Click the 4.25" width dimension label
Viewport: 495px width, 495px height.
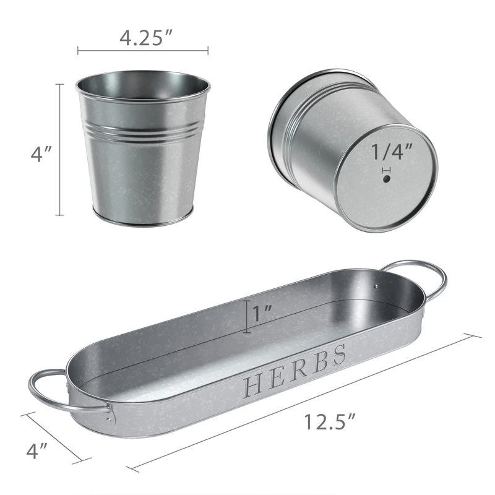(x=146, y=38)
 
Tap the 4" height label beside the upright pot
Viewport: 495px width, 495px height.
(x=41, y=154)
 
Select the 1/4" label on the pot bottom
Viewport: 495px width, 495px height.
(x=392, y=152)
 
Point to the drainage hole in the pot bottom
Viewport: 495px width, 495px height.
(x=386, y=179)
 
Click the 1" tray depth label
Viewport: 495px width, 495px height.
(x=262, y=314)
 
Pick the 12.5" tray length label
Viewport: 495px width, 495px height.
(x=330, y=421)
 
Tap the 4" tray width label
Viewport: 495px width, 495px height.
(x=37, y=450)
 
